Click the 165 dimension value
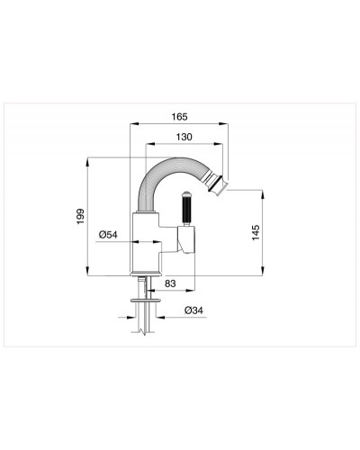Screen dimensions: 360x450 [179, 116]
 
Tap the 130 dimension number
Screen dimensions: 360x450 [184, 137]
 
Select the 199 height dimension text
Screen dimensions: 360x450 [80, 217]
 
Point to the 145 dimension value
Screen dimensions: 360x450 [256, 232]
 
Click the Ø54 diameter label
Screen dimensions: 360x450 [108, 234]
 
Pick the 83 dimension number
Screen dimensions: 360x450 [170, 283]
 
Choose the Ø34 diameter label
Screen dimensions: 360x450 [193, 310]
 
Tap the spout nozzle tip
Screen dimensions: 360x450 [222, 184]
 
